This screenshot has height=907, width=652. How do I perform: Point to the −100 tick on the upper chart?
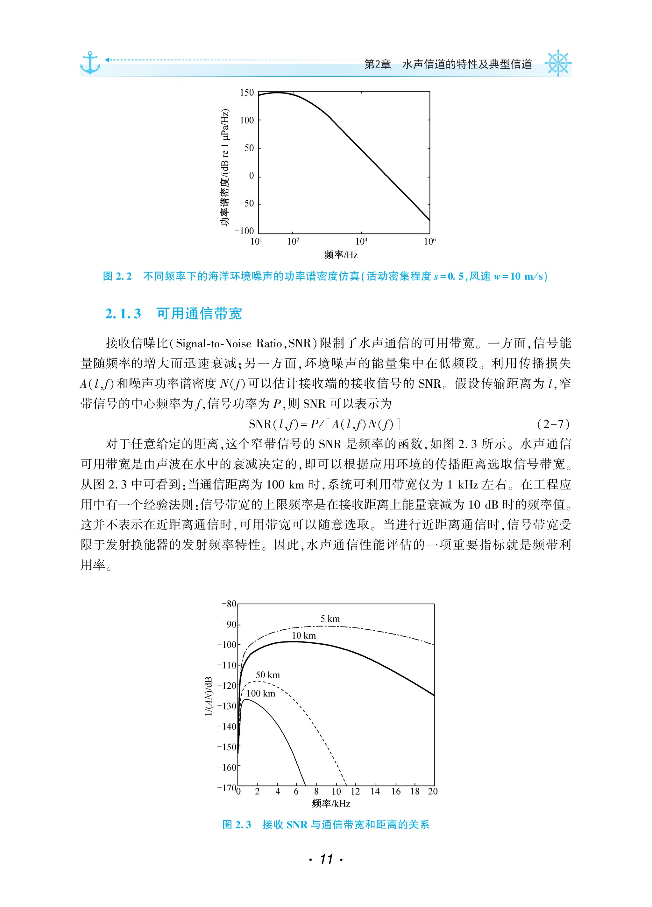244,231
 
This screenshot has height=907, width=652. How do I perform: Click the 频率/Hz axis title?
341,255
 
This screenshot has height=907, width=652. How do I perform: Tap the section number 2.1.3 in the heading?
123,314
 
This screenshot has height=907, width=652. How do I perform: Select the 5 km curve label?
330,619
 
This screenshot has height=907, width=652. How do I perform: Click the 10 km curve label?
303,635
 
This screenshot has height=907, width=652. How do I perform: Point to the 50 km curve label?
268,675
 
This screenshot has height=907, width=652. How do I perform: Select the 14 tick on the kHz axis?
375,792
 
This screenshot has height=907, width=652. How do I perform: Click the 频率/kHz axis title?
331,803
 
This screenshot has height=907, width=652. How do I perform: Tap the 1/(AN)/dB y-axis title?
209,696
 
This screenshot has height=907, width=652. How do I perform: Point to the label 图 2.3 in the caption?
237,824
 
